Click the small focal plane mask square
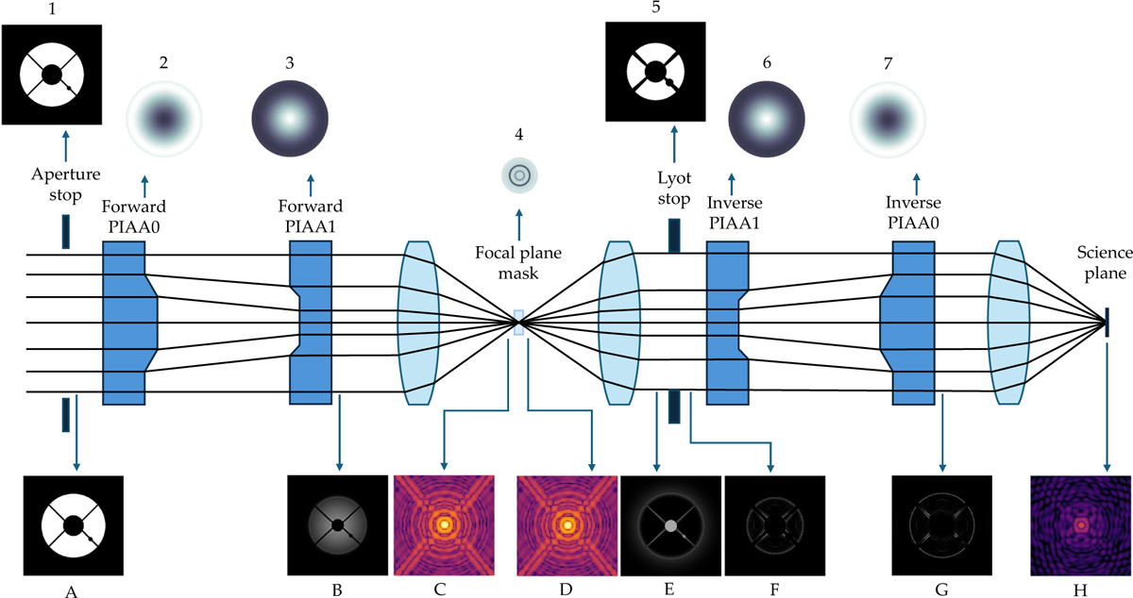[x=517, y=324]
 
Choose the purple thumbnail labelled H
[x=1080, y=525]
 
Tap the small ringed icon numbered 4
[x=518, y=174]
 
